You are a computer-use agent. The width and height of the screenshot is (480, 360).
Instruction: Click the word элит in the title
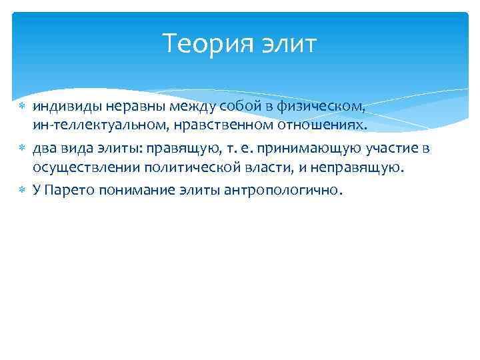point(288,45)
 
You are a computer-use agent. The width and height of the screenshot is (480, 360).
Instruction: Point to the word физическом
point(328,107)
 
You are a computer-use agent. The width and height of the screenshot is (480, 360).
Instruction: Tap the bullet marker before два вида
point(23,149)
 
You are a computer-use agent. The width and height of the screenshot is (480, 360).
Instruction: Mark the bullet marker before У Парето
point(23,190)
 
